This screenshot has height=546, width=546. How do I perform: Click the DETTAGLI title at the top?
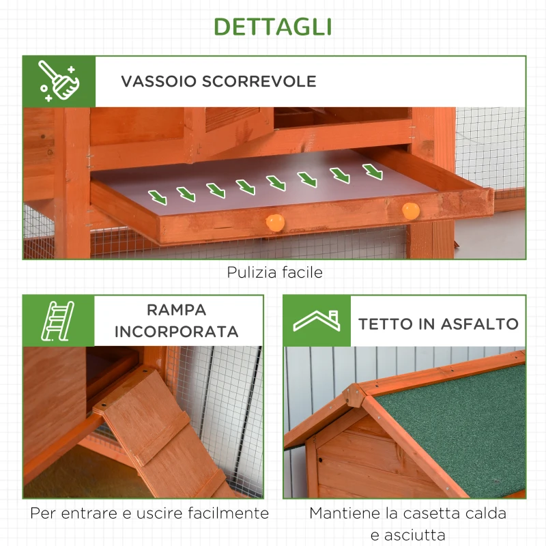[273, 26]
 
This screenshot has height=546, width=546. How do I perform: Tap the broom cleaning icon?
[59, 81]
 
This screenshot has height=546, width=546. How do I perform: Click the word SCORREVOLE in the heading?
[259, 81]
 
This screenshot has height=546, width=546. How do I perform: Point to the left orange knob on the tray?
[274, 222]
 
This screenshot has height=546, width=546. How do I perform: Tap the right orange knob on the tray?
[410, 210]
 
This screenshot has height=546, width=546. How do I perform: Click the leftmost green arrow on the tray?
[158, 197]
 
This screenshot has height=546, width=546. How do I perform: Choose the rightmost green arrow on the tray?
[373, 172]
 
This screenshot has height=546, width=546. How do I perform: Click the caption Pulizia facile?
[274, 272]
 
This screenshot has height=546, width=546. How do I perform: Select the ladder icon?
[58, 320]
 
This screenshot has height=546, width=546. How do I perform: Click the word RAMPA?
[176, 310]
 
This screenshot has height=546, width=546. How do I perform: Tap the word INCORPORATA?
[176, 332]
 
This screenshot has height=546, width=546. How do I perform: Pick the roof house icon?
[316, 321]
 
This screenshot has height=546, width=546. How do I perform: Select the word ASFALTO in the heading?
[481, 324]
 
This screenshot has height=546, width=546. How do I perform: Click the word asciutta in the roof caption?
[408, 534]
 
